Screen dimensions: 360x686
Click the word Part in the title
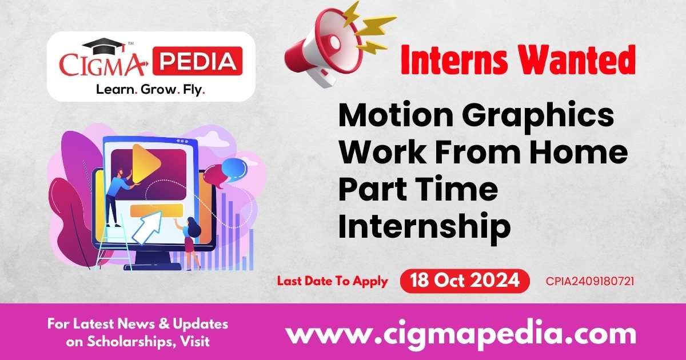tap(370, 190)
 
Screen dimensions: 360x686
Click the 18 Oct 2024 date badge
tap(464, 281)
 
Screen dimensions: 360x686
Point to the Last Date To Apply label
tap(333, 281)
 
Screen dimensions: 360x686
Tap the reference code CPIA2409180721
tap(589, 281)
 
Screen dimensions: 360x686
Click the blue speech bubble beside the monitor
tap(234, 167)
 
